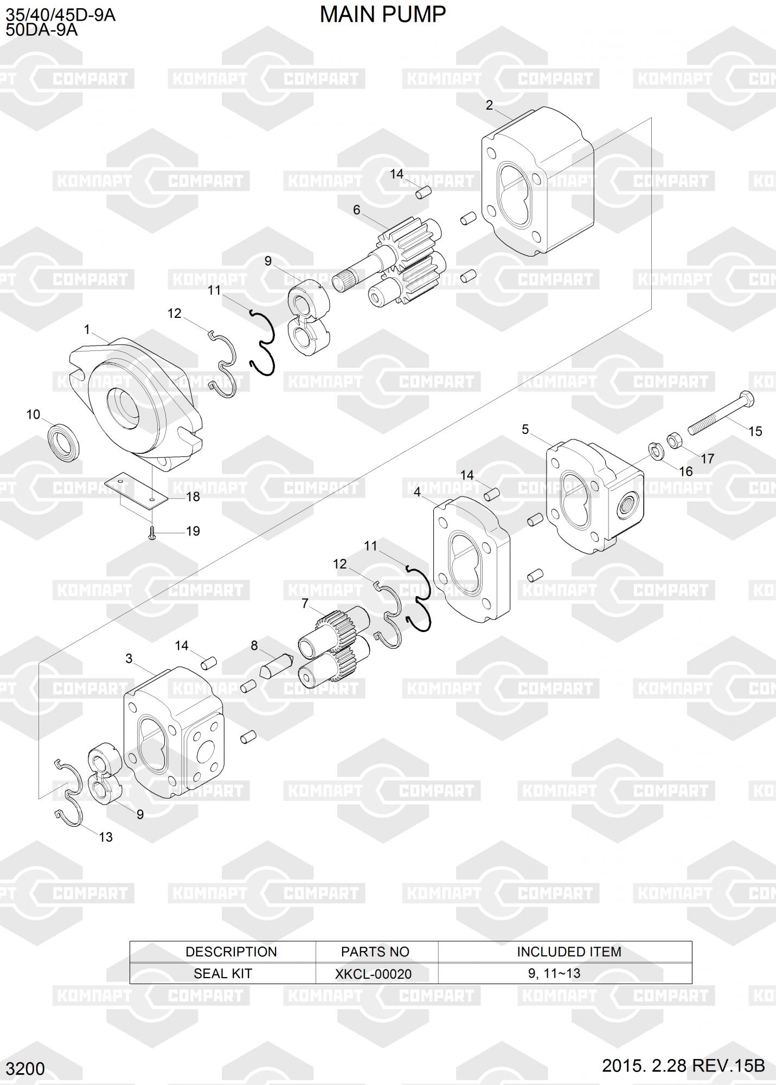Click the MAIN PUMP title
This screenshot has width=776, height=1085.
pyautogui.click(x=382, y=15)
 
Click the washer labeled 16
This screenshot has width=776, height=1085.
pyautogui.click(x=655, y=450)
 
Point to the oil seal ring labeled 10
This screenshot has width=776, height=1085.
pyautogui.click(x=65, y=441)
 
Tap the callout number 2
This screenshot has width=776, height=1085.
pyautogui.click(x=489, y=105)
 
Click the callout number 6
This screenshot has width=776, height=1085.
pyautogui.click(x=356, y=210)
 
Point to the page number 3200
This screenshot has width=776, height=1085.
pyautogui.click(x=26, y=1069)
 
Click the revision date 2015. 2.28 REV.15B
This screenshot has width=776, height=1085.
pyautogui.click(x=683, y=1065)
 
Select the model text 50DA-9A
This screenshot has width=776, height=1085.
pyautogui.click(x=42, y=30)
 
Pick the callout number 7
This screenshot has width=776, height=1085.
pyautogui.click(x=305, y=603)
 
